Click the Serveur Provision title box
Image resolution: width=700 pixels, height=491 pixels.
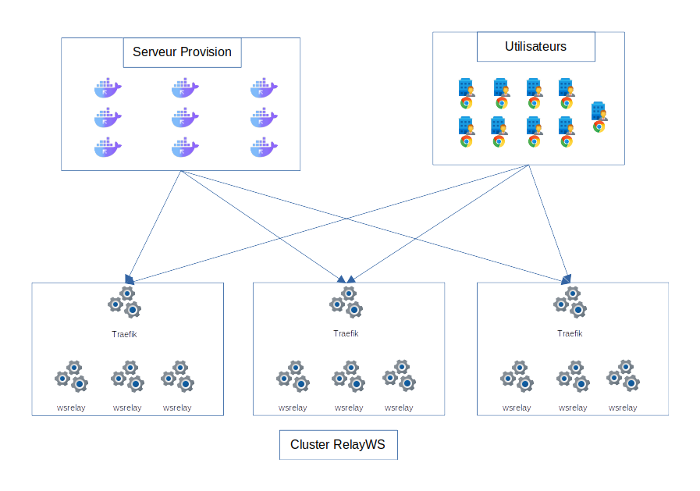point(182,52)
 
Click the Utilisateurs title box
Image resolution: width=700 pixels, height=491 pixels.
point(535,47)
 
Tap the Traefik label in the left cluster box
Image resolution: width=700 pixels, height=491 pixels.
point(125,334)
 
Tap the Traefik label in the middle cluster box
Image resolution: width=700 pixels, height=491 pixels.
point(346,333)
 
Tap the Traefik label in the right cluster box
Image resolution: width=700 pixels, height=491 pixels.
point(570,333)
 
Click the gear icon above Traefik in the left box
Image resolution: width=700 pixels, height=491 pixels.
point(125,303)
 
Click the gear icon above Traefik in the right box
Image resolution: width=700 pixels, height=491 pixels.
point(570,302)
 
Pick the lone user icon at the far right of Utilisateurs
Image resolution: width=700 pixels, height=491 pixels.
point(599,117)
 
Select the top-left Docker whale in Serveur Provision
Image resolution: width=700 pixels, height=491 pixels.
point(108,88)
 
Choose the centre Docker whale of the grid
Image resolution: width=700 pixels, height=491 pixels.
point(186,118)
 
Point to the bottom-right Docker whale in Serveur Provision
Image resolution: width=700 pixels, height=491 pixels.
point(264,147)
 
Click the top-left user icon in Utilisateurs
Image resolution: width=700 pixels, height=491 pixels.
point(466,93)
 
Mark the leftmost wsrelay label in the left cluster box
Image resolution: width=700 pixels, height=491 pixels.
point(71,407)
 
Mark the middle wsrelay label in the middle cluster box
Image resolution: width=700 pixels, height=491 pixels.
point(349,407)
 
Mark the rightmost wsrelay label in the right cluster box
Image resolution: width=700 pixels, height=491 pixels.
point(623,407)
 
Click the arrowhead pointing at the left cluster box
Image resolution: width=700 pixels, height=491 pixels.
point(130,279)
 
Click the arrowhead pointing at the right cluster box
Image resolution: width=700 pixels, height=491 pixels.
point(567,278)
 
